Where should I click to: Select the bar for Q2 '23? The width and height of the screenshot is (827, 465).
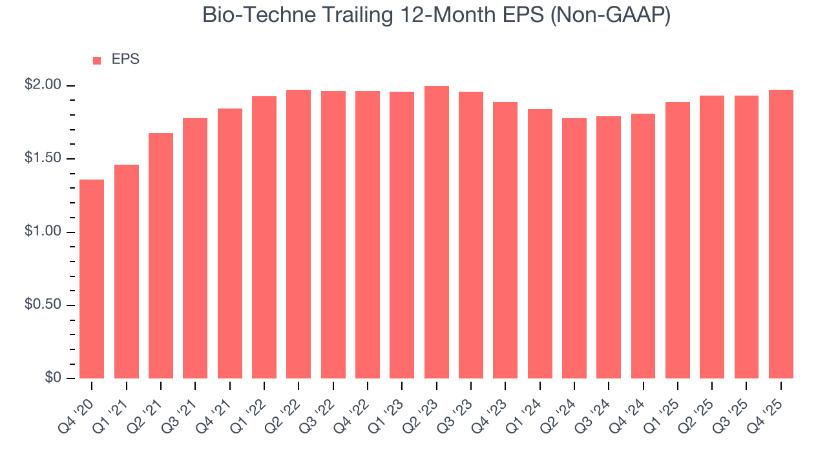point(437,232)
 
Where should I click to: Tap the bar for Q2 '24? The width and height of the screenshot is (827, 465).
point(574,249)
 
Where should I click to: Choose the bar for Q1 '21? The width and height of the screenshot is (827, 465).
point(127,272)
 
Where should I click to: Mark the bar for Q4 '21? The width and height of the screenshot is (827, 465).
point(230,243)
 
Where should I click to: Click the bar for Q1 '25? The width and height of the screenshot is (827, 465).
point(678,240)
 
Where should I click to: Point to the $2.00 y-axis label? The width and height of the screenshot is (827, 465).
point(44,85)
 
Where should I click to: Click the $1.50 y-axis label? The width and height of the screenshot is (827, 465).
point(44,159)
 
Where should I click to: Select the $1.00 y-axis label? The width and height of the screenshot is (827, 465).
point(44,232)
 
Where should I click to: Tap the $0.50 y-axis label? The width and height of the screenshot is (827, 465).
point(44,305)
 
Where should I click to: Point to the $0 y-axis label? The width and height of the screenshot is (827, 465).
point(52,378)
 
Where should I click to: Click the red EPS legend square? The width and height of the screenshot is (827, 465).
point(97,60)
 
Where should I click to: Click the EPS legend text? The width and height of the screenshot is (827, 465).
point(125,59)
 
